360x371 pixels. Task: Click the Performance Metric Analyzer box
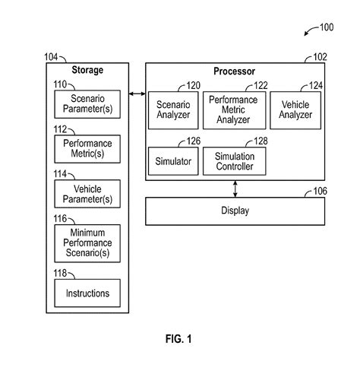pyautogui.click(x=234, y=109)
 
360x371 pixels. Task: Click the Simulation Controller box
pyautogui.click(x=234, y=160)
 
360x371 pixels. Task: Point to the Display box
pyautogui.click(x=236, y=210)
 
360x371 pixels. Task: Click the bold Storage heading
pyautogui.click(x=87, y=71)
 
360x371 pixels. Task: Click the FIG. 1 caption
pyautogui.click(x=180, y=339)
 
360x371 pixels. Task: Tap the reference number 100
pyautogui.click(x=326, y=28)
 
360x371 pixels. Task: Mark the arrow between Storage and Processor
pyautogui.click(x=137, y=93)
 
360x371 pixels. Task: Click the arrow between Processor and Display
pyautogui.click(x=236, y=188)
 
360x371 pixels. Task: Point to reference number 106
pyautogui.click(x=320, y=191)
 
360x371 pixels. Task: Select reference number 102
pyautogui.click(x=320, y=57)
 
